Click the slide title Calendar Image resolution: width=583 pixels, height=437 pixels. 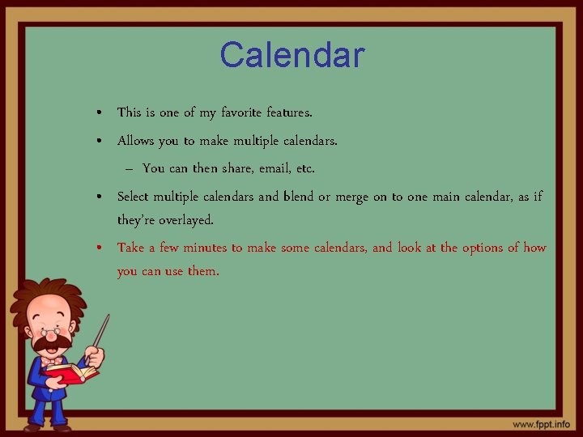(292, 56)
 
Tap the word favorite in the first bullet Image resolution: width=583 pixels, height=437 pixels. (240, 112)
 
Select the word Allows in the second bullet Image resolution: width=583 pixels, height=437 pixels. (136, 141)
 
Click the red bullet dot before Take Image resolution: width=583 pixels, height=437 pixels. (98, 248)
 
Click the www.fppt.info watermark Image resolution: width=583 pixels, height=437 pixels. (540, 424)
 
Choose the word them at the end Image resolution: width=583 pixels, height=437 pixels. (203, 271)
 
